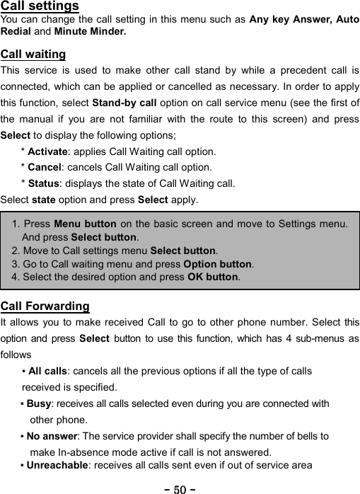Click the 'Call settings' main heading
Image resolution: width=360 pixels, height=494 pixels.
tap(40, 6)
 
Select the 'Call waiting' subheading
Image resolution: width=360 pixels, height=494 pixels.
tap(33, 54)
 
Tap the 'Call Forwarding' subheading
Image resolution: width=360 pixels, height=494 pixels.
tap(45, 306)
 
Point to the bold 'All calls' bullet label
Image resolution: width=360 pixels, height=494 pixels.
tap(47, 372)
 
